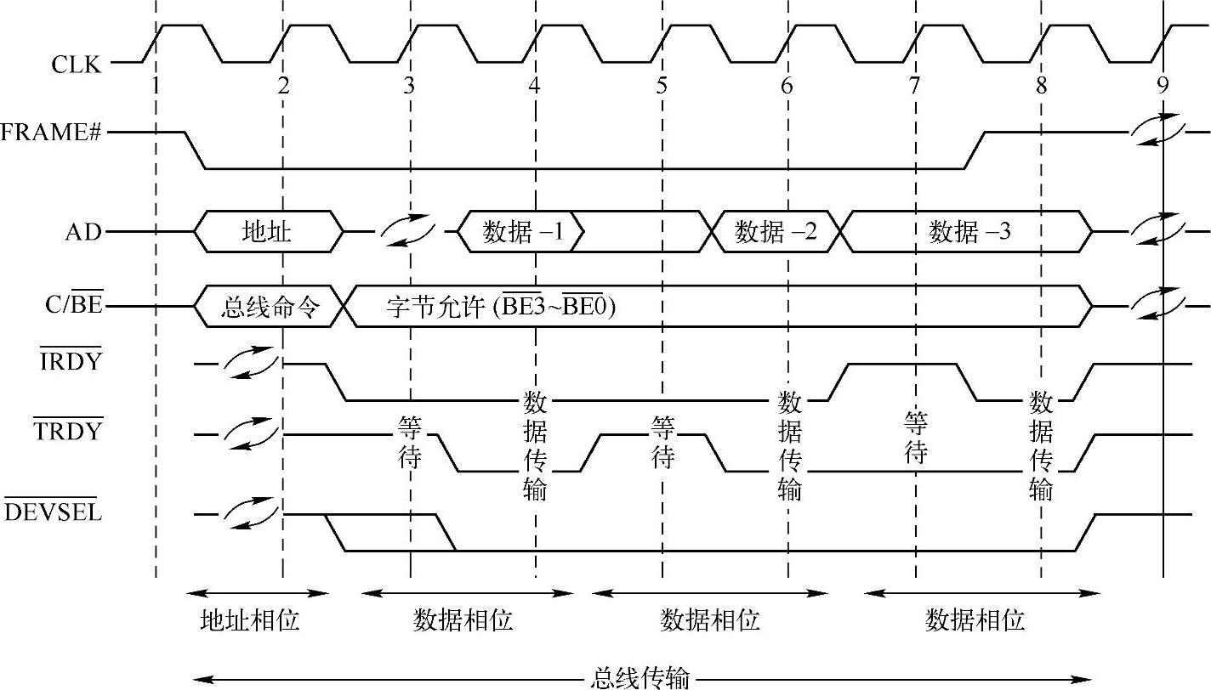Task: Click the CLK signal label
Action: coord(82,64)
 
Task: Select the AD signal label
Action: coord(84,231)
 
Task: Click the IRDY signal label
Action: coord(70,361)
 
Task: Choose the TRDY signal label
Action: coord(68,431)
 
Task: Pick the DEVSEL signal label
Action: coord(54,512)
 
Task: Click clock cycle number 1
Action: coord(156,85)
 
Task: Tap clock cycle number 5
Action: coord(662,85)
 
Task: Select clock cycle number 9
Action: coord(1163,85)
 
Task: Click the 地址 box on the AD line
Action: coord(267,231)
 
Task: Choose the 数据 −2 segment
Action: coord(776,231)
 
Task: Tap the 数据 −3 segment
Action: coord(969,231)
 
